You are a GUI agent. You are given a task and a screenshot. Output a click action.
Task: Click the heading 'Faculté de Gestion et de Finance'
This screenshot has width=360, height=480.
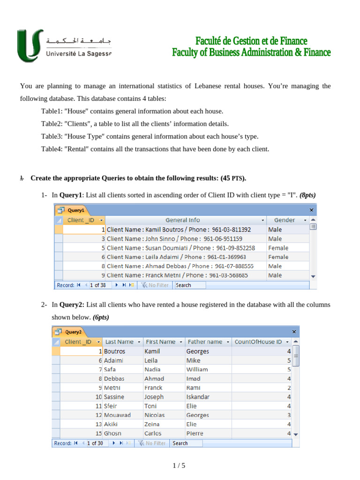point(251,41)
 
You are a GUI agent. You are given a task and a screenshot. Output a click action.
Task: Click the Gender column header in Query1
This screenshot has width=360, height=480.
point(285,220)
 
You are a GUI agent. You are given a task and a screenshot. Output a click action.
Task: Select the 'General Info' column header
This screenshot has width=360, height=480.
point(183,220)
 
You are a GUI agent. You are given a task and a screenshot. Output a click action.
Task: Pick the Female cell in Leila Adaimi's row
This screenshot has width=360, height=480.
point(278,257)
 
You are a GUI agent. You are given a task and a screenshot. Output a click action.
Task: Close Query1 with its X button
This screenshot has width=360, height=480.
point(312,210)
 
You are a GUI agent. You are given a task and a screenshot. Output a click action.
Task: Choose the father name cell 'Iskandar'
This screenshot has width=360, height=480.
point(198,397)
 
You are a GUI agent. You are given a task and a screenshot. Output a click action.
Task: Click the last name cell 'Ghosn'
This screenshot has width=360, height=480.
point(113,434)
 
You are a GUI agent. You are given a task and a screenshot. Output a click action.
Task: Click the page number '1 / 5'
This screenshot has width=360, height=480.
point(180,465)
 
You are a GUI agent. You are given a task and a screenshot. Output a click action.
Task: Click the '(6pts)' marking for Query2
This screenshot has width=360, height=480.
point(101,317)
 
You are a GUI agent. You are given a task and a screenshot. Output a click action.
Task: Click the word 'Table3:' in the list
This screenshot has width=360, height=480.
point(52,136)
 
